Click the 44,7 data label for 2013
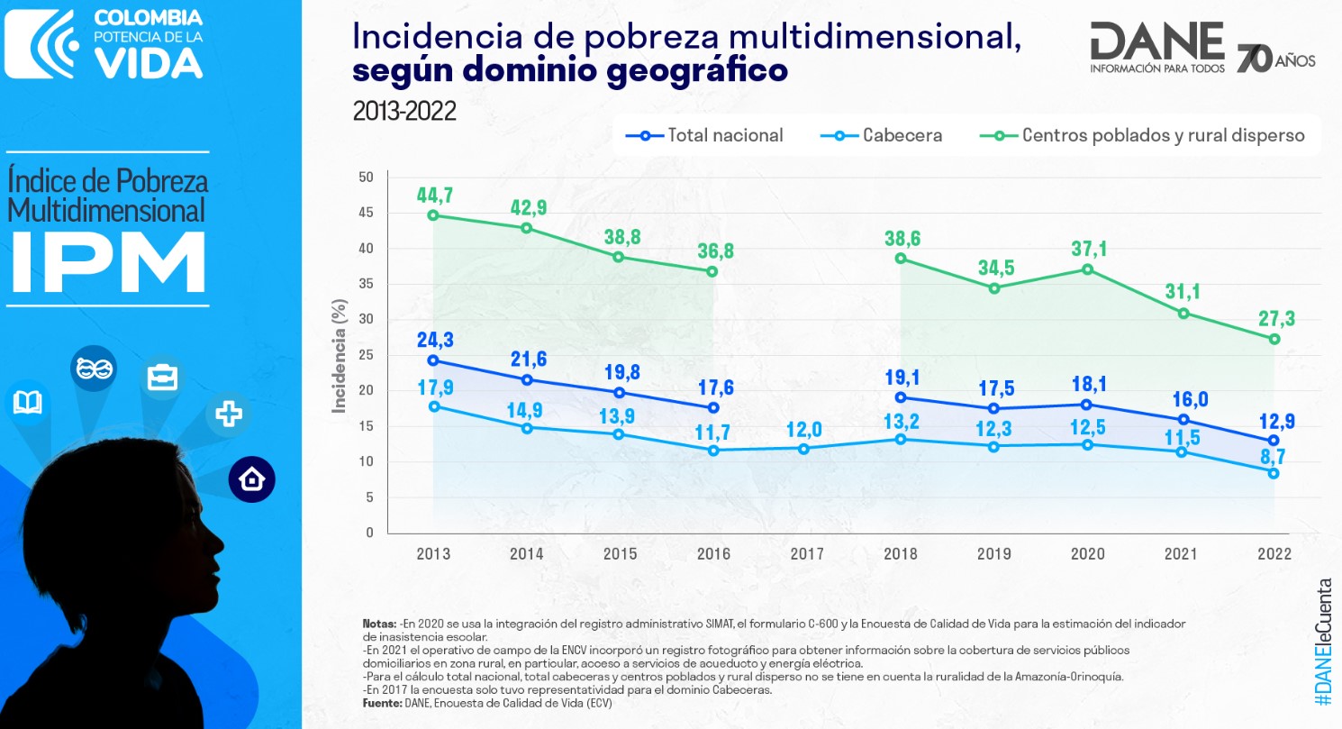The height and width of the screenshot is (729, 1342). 433,195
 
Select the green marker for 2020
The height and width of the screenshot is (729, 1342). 1087,269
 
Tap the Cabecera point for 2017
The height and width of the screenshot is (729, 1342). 806,448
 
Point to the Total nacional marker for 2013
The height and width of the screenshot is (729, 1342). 433,360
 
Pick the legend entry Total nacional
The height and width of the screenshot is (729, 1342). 705,136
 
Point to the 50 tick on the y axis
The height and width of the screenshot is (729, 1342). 366,178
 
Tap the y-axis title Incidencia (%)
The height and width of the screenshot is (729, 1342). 340,356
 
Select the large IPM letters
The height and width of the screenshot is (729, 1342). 109,262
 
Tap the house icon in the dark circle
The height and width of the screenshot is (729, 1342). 251,479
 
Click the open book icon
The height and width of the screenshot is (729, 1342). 27,402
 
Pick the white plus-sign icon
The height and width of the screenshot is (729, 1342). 229,414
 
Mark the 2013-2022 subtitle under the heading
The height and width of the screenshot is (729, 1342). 404,112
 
